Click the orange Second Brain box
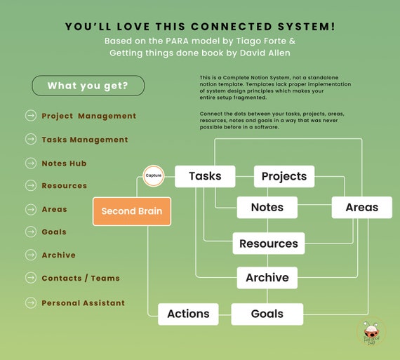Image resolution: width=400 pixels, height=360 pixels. point(132,211)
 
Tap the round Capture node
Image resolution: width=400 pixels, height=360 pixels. point(153,176)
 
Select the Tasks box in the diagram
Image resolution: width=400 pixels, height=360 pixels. point(205,176)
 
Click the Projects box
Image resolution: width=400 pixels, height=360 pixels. point(284,176)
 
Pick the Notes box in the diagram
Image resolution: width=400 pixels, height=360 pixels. point(267,208)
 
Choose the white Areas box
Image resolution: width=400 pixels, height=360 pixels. point(361,208)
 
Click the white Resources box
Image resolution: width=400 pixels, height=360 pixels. point(269,244)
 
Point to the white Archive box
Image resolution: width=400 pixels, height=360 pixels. point(267,278)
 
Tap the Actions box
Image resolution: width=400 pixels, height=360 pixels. point(188,314)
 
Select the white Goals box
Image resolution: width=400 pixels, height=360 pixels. point(267,314)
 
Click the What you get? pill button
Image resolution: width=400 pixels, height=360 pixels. point(88,86)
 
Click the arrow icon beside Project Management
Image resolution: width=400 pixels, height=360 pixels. point(31,116)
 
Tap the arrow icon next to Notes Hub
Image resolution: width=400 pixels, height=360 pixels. point(31,163)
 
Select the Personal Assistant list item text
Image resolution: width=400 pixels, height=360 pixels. point(84,303)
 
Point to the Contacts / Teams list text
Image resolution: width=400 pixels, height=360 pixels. point(81,278)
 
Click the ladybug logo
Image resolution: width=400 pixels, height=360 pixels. point(371,332)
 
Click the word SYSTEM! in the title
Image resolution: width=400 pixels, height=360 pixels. point(307,27)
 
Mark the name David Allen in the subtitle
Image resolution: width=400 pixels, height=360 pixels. point(265,53)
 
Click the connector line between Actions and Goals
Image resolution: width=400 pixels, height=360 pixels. point(225,314)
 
